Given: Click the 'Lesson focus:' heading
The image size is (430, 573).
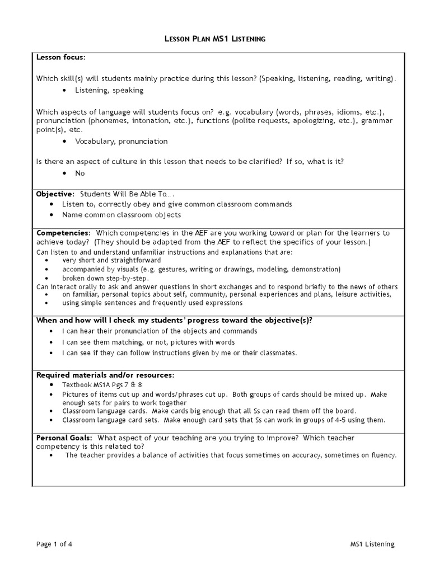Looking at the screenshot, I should click(x=61, y=57).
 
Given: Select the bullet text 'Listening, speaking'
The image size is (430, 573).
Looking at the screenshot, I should click(x=109, y=90).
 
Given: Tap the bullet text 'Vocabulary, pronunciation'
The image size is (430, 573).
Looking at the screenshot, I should click(x=121, y=141).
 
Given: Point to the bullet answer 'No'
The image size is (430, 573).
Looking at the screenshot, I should click(x=80, y=173).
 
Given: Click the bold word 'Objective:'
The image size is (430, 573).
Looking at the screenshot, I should click(x=55, y=194).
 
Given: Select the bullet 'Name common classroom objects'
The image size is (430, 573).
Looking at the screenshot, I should click(x=121, y=215).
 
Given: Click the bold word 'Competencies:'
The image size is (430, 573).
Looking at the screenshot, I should click(x=63, y=232).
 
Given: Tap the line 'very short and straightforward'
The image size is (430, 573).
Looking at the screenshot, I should click(x=111, y=260).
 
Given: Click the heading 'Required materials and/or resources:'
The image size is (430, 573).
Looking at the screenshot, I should click(x=105, y=374).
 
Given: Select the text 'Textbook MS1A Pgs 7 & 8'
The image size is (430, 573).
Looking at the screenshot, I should click(x=102, y=385).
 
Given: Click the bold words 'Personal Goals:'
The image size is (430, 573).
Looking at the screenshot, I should click(x=64, y=438).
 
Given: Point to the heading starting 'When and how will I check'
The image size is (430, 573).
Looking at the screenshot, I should click(x=174, y=320).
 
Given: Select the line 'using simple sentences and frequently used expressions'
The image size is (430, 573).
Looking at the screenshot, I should click(x=152, y=303).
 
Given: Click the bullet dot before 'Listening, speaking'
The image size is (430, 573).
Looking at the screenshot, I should click(x=66, y=90).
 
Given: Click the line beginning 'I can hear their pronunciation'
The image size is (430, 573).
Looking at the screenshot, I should click(x=160, y=331).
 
